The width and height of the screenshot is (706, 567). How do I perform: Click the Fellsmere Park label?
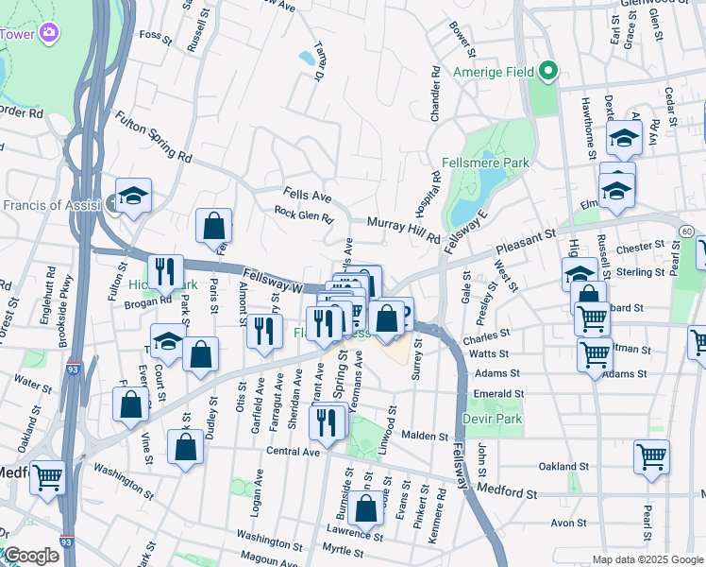point(489,163)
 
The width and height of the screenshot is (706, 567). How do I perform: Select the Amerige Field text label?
point(493,73)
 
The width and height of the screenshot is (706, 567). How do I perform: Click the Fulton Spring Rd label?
point(154,136)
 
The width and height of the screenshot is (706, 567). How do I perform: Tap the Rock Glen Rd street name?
point(304,216)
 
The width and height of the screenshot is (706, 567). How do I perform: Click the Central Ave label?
point(293,451)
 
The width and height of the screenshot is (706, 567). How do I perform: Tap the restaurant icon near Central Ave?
point(328,421)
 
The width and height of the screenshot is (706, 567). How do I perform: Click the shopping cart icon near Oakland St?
point(651,457)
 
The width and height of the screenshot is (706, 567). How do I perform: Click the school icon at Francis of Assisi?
point(134,196)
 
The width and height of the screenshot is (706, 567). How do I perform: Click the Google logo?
point(31,556)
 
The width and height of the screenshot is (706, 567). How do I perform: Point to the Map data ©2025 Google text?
point(647,559)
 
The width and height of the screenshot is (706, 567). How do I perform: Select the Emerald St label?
point(500,394)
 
